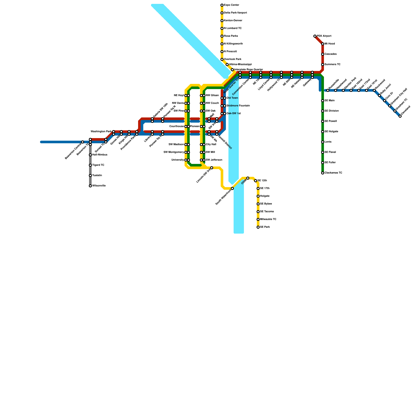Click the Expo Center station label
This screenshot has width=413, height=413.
232,5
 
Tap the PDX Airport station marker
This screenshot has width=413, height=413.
315,36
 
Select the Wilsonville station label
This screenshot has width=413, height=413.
99,186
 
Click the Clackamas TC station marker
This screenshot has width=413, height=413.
323,173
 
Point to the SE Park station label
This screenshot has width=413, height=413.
265,227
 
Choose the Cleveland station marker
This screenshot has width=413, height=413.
400,116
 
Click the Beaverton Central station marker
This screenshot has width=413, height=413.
83,142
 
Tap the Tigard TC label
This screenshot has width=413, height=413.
98,165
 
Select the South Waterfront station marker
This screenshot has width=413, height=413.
232,188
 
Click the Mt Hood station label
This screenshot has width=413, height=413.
330,44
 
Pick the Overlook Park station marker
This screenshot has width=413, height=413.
222,59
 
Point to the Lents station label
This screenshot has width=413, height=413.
328,142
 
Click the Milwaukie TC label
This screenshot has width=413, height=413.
268,219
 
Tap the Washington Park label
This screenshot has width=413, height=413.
101,132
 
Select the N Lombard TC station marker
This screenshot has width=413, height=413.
222,28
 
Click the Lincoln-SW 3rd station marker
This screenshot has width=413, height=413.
212,168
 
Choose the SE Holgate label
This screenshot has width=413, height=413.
331,132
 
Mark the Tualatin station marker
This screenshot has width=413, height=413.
90,176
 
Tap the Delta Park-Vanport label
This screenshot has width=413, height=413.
235,13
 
